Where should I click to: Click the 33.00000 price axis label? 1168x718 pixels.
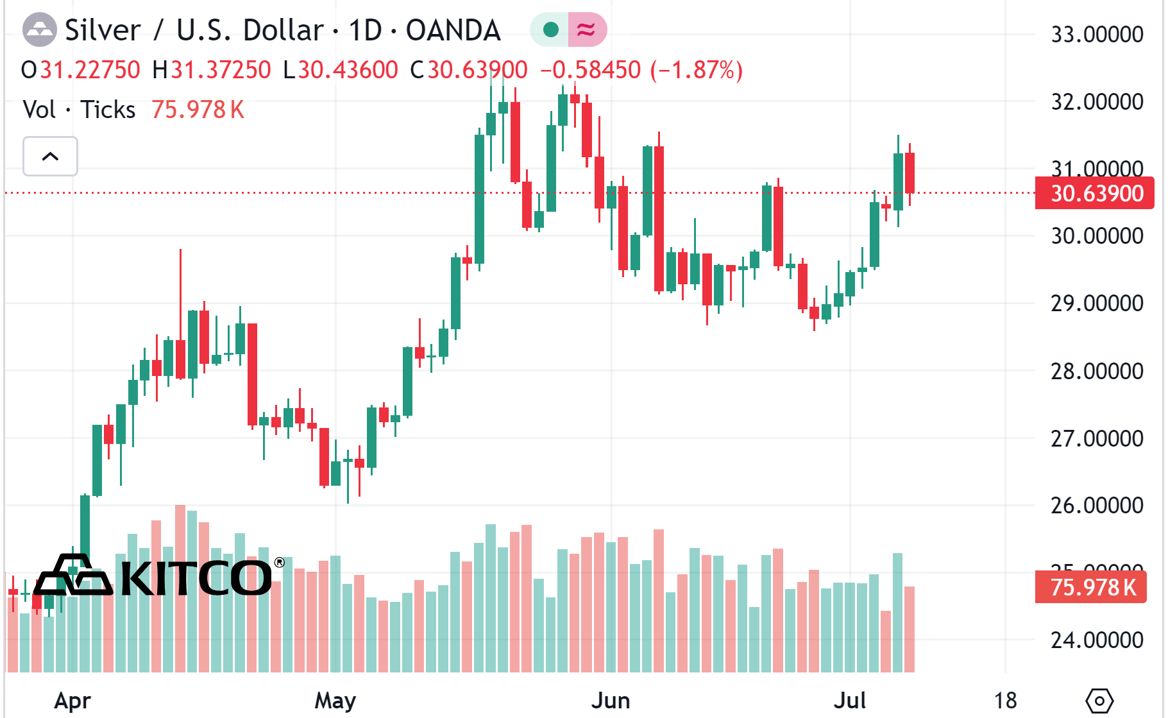point(1096,34)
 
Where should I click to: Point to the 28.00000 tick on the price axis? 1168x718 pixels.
point(1096,371)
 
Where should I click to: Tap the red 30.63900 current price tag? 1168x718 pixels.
point(1094,193)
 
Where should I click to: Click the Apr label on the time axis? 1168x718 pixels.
point(72,700)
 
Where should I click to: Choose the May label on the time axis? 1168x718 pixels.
point(335,700)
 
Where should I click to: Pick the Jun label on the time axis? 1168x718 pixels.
point(611,700)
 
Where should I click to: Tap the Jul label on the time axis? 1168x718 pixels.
point(850,700)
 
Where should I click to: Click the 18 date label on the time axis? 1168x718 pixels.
point(1005,700)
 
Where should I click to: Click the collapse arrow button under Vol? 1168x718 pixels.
point(50,156)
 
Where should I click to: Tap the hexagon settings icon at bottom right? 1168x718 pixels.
point(1099,700)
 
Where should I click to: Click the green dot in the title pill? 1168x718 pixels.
point(550,30)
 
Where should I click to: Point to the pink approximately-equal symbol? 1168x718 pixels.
point(586,30)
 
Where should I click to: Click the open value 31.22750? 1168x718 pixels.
point(90,70)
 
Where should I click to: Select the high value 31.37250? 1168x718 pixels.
point(221,70)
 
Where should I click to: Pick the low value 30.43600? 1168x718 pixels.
point(348,70)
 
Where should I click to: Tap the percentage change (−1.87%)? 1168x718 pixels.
point(697,70)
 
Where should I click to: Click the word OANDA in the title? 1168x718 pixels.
point(453,30)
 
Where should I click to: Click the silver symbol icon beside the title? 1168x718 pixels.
point(40,30)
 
